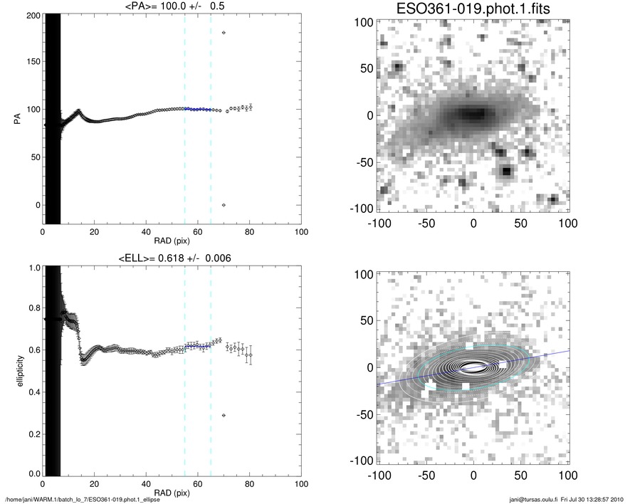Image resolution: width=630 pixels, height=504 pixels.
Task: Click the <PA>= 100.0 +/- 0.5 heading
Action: [x=172, y=7]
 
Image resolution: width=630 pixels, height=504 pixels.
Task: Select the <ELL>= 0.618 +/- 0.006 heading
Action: [x=172, y=258]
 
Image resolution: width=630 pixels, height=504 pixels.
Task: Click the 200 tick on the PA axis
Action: [x=31, y=16]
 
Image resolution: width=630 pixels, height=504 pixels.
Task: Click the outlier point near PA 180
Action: [x=224, y=33]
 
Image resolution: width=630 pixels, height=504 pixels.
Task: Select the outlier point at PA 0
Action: [x=224, y=205]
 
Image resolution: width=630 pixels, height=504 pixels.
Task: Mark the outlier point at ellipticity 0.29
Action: [x=224, y=415]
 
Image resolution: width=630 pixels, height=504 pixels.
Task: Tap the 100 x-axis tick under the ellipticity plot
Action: [x=301, y=485]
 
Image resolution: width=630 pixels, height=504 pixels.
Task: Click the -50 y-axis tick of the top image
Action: [x=364, y=162]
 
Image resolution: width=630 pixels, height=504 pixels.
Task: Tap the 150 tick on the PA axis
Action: [x=31, y=63]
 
